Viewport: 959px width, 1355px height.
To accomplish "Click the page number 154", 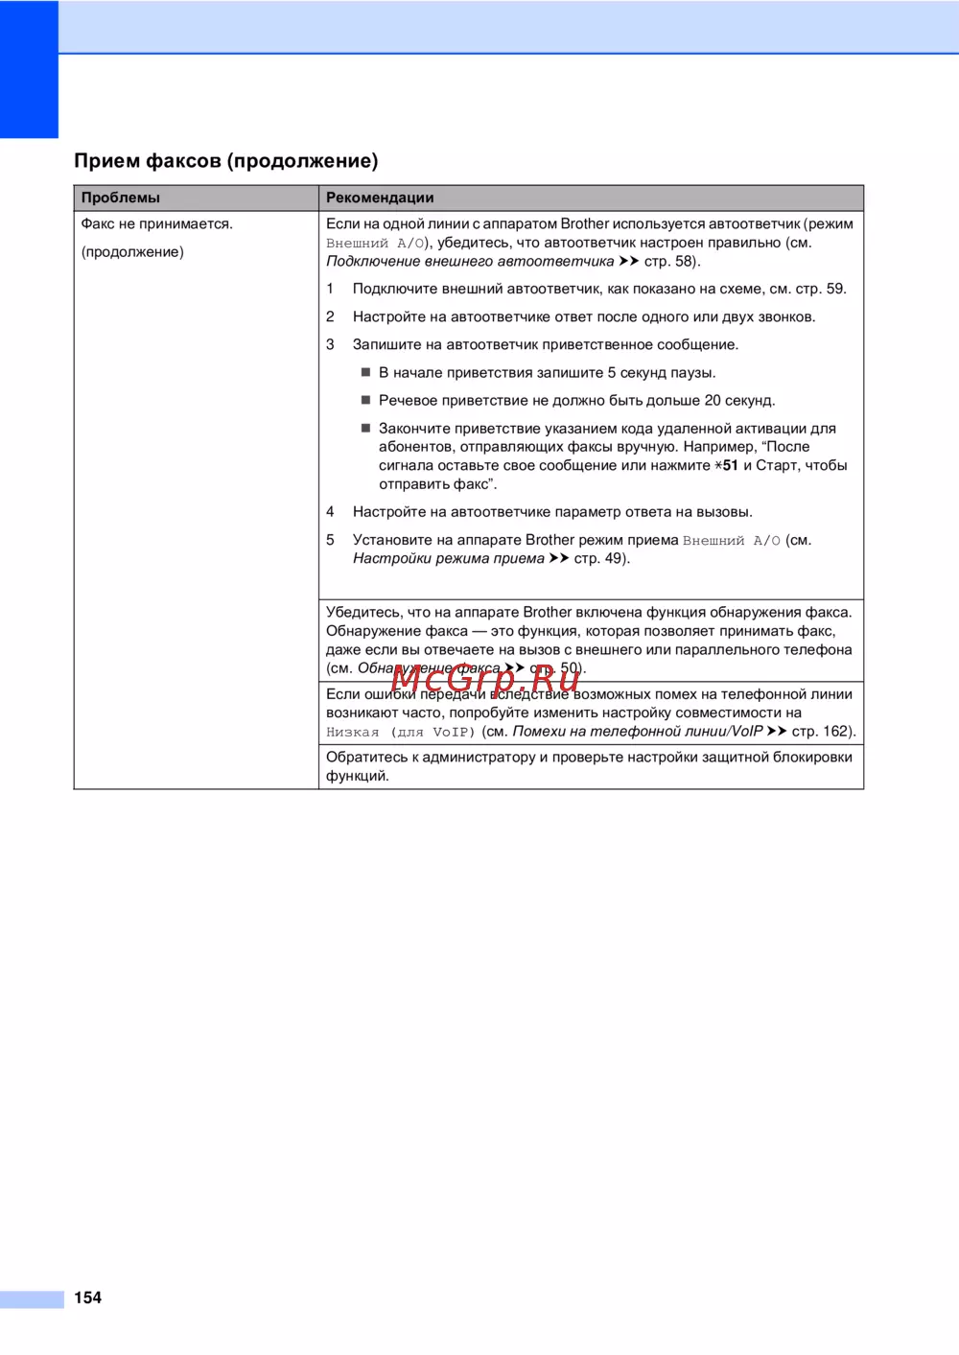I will click(x=87, y=1297).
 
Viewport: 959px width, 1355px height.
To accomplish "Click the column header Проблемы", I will click(x=120, y=198).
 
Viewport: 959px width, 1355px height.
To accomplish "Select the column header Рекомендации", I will click(x=380, y=198).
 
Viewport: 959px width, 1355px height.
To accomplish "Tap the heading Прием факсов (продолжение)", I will click(x=226, y=161).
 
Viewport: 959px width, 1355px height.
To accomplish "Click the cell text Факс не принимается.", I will click(x=156, y=223).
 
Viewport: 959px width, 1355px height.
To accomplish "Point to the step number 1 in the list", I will click(x=330, y=289).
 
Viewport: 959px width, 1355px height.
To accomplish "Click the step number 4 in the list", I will click(x=330, y=512).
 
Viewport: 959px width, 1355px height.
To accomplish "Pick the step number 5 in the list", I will click(x=330, y=540).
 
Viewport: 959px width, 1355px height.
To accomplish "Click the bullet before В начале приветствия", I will click(x=365, y=372).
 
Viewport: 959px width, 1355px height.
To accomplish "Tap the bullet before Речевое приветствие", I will click(x=365, y=400).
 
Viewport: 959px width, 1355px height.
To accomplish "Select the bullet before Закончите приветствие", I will click(x=365, y=428).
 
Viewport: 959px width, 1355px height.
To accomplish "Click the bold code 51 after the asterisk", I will click(x=731, y=465).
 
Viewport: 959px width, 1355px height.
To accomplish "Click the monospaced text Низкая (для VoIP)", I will click(x=400, y=732).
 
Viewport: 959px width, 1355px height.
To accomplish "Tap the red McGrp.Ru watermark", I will click(x=485, y=678).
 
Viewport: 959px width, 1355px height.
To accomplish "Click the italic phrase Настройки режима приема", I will click(x=448, y=558).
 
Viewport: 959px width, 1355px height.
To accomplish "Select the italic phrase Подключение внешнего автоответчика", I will click(x=470, y=261).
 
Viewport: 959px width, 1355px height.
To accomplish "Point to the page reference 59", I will click(x=834, y=289).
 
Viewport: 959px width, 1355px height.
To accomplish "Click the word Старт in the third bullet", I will click(x=776, y=465).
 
